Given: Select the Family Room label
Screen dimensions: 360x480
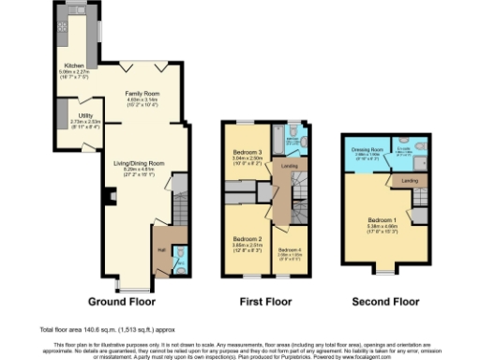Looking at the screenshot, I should (x=142, y=94).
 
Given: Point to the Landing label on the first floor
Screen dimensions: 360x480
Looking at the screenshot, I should (x=290, y=167).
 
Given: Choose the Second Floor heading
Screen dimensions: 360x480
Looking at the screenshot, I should (x=384, y=302).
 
